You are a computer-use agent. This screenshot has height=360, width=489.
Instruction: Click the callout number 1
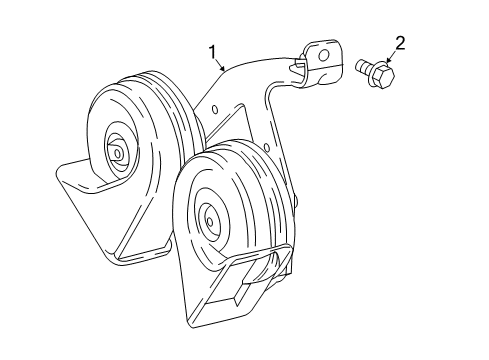click(213, 51)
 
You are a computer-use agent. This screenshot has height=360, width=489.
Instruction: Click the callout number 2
click(400, 42)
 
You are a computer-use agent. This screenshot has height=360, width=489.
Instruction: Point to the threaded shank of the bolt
click(363, 67)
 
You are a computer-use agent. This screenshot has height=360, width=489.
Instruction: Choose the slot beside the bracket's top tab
click(299, 68)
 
